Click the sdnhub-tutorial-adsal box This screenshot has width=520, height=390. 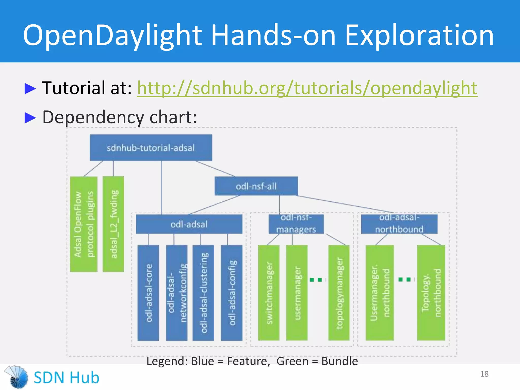tap(151, 148)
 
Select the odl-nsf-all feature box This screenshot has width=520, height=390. tap(256, 186)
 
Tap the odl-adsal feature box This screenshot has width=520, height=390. tap(189, 224)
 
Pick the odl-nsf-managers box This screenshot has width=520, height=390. tap(296, 224)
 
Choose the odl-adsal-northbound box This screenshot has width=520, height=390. tap(399, 224)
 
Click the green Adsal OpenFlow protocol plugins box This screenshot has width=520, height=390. tap(84, 224)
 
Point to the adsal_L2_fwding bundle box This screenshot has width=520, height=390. tap(113, 224)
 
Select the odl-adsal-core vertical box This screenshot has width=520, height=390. tap(148, 293)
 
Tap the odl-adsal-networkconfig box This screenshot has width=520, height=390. tap(177, 293)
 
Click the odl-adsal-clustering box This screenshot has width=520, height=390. tap(203, 293)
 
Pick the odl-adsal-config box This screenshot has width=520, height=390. tap(232, 293)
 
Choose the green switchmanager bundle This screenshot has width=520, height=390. tap(269, 293)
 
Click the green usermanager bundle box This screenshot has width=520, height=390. tap(297, 293)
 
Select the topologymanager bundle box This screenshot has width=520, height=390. tap(339, 293)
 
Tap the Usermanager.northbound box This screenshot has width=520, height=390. tap(380, 293)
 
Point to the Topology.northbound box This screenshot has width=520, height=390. tap(431, 293)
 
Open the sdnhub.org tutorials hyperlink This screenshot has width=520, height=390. tap(307, 88)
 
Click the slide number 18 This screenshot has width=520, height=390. tap(484, 374)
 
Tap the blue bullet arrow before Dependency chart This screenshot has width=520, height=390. tap(30, 118)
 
